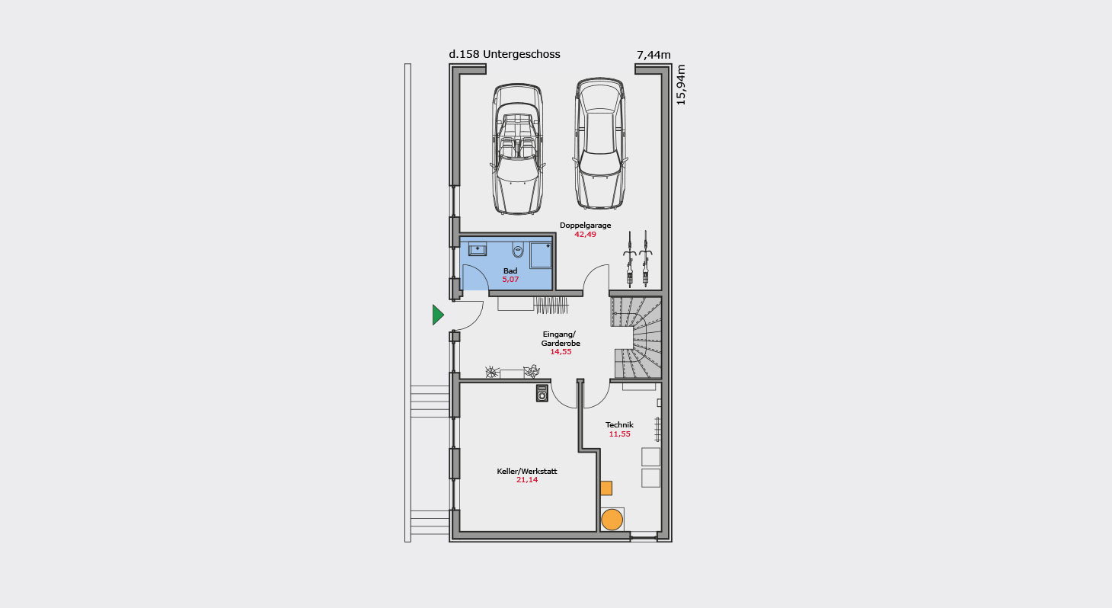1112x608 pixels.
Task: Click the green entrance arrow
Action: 437,315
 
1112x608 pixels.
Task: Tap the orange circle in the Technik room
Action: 612,520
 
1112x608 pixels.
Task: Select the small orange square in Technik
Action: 606,488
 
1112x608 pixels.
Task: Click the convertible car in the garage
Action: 517,149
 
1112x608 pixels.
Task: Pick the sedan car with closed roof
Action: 599,143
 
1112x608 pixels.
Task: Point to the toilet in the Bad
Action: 518,250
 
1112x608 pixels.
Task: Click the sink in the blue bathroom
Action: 478,249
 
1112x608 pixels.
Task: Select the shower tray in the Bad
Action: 541,254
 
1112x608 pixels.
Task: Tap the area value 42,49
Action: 585,235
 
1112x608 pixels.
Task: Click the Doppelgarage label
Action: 585,225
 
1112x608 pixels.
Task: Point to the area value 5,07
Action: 510,280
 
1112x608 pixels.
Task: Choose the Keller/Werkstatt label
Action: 527,471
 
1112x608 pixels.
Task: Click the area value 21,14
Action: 527,480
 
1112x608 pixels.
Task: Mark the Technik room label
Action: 619,424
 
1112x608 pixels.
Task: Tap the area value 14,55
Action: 561,352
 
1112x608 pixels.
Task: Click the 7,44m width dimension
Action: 653,55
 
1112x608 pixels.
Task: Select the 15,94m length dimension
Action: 681,85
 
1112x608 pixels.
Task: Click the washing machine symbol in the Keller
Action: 542,393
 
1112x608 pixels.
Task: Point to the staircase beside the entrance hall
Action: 636,338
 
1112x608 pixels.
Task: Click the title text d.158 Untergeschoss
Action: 504,54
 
